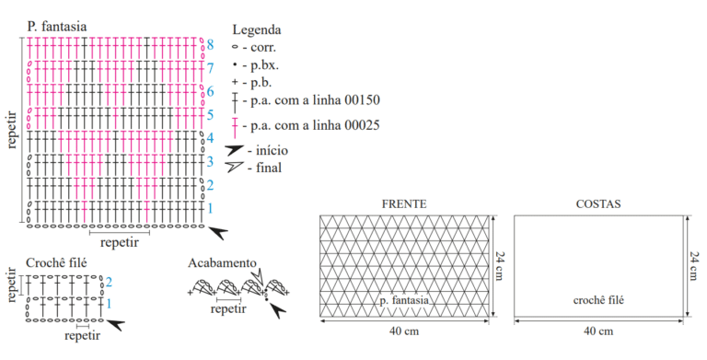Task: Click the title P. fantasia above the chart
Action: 56,27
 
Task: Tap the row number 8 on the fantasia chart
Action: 210,45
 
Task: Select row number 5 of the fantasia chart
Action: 210,115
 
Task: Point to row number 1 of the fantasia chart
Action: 210,208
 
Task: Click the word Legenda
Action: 257,30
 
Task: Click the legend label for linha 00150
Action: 311,100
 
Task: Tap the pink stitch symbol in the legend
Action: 235,128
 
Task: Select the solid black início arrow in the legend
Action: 235,150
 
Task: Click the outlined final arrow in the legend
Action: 235,167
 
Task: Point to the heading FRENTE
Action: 404,203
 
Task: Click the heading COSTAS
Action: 598,203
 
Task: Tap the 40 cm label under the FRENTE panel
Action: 404,331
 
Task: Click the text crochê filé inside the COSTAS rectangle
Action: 598,300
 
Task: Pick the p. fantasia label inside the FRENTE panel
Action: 404,300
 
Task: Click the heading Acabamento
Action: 222,262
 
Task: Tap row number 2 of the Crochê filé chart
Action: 109,283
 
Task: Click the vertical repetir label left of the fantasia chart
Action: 12,130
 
